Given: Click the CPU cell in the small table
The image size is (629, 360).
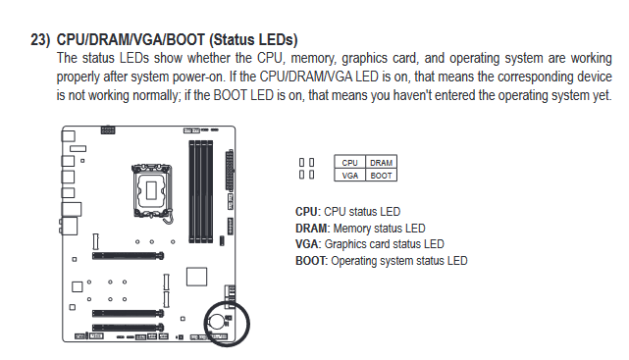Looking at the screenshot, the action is pyautogui.click(x=349, y=163).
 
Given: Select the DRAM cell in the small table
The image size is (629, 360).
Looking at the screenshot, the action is pyautogui.click(x=381, y=163).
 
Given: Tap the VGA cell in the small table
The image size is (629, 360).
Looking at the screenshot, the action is pyautogui.click(x=349, y=175).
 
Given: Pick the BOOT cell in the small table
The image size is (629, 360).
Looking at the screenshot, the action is pyautogui.click(x=381, y=175).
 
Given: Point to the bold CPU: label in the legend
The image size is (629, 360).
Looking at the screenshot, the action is pyautogui.click(x=308, y=212).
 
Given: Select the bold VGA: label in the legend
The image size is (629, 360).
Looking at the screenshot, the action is pyautogui.click(x=308, y=244).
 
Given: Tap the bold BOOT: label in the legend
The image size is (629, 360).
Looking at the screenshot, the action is pyautogui.click(x=312, y=261).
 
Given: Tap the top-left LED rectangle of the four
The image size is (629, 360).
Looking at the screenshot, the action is pyautogui.click(x=301, y=162).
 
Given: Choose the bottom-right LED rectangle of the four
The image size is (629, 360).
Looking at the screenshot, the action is pyautogui.click(x=311, y=175).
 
